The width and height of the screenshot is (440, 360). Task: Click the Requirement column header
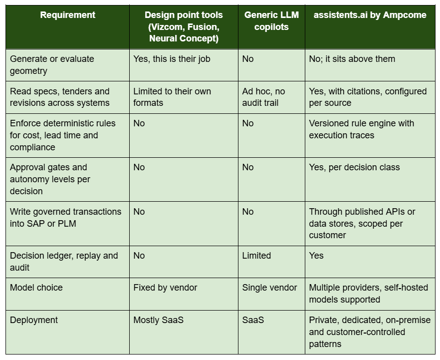coord(68,15)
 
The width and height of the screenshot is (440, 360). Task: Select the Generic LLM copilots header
coord(271,21)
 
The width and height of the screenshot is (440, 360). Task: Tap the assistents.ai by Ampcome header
coord(370,15)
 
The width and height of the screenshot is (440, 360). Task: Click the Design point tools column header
coord(184,26)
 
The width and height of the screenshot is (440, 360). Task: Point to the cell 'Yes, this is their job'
coord(172,59)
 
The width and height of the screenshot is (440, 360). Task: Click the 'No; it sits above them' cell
coord(352,59)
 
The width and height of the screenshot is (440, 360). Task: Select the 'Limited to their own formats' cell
coord(172,97)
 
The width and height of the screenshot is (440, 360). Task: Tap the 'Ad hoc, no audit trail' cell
coord(263,97)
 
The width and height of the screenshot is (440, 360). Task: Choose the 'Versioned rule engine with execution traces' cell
coord(361,129)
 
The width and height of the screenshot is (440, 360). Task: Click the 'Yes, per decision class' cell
coord(354,167)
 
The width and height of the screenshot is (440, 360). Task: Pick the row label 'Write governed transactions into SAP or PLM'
coord(65,217)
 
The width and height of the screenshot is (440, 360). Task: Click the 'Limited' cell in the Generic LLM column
coord(256,256)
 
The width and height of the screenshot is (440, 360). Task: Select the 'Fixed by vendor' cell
coord(165,288)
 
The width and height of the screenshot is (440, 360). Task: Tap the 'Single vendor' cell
coord(269,288)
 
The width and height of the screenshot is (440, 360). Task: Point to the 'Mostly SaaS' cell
coord(158,320)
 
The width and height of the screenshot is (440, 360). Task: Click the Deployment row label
coord(34,320)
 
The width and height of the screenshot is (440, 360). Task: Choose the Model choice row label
coord(36,288)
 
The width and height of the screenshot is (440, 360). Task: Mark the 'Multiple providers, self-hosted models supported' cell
coord(369,294)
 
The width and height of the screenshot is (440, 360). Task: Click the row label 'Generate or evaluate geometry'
coord(52,65)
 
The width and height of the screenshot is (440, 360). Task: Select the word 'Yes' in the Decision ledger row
coord(316,256)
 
